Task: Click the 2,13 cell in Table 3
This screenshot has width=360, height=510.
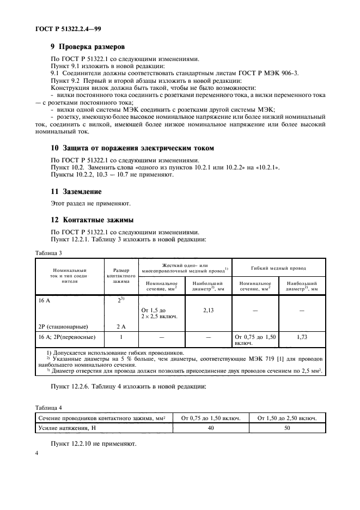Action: coord(209,309)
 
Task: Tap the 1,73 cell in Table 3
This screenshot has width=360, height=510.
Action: coord(302,338)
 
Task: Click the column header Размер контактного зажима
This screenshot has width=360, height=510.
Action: coord(121,275)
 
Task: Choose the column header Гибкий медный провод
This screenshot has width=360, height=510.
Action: coord(278,268)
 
